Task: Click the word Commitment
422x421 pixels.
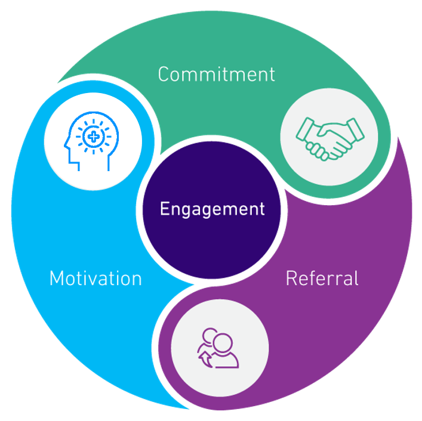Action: [216, 75]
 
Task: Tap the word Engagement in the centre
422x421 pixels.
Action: [212, 209]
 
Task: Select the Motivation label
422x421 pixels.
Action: [96, 278]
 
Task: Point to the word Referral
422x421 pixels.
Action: [322, 278]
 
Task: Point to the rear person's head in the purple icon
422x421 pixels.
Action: [210, 335]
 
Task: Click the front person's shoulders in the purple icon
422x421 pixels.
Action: [226, 361]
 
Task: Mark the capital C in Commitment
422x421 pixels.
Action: [165, 75]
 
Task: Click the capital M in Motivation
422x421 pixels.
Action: [57, 278]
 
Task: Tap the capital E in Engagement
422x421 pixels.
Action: [164, 209]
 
